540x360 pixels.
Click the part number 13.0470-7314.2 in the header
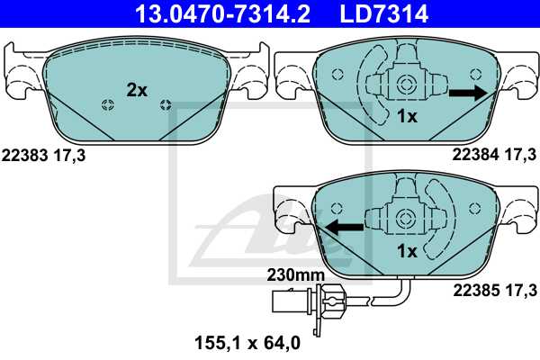click(223, 13)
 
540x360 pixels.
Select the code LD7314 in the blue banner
click(384, 13)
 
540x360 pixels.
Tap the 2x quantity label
click(137, 90)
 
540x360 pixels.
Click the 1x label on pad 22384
click(407, 116)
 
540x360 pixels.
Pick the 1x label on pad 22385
click(407, 251)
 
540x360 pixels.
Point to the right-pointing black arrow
click(468, 93)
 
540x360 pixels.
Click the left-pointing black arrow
click(345, 227)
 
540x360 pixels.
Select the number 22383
click(24, 156)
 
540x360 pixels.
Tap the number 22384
click(475, 155)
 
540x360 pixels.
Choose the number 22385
click(476, 291)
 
